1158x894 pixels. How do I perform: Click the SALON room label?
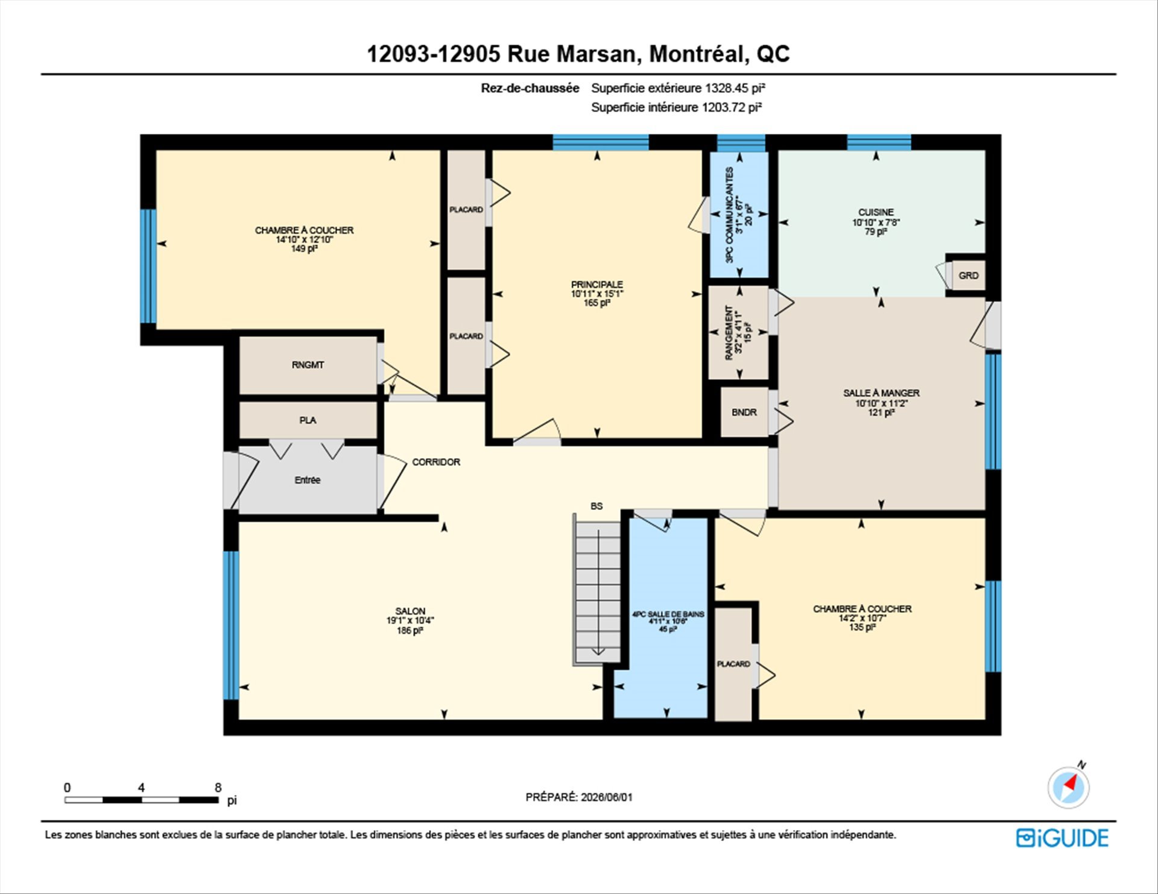[410, 611]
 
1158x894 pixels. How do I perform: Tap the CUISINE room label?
[876, 212]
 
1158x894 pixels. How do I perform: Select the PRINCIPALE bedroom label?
[597, 285]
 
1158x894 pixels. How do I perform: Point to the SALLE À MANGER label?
[881, 393]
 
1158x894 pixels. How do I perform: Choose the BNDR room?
[744, 412]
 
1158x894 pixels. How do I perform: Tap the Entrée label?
[308, 480]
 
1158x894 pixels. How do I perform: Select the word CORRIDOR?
[436, 462]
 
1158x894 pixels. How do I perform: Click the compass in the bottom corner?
[1069, 787]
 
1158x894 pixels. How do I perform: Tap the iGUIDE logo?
[1062, 838]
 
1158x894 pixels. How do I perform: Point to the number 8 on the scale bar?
[218, 787]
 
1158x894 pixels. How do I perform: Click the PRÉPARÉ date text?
[579, 797]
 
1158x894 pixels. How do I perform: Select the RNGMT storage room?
[308, 365]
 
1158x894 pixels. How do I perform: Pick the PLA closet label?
[308, 420]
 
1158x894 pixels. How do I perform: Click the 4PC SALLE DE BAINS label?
[668, 614]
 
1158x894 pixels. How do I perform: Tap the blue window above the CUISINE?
[879, 143]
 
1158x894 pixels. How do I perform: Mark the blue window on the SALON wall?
[231, 625]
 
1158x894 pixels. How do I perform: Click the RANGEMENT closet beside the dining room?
[738, 333]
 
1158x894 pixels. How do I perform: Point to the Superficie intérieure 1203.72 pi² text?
[676, 107]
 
